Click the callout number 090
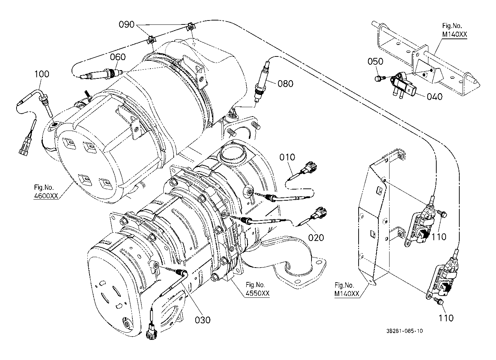pyautogui.click(x=127, y=24)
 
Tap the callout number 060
pyautogui.click(x=118, y=57)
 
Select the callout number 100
pyautogui.click(x=42, y=74)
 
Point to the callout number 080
pyautogui.click(x=286, y=84)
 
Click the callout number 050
pyautogui.click(x=375, y=61)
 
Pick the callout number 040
pyautogui.click(x=434, y=96)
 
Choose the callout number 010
pyautogui.click(x=287, y=157)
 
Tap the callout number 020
pyautogui.click(x=316, y=238)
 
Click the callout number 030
pyautogui.click(x=203, y=320)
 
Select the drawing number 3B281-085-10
pyautogui.click(x=405, y=331)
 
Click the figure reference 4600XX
pyautogui.click(x=46, y=196)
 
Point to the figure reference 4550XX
pyautogui.click(x=258, y=293)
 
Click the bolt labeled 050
pyautogui.click(x=379, y=78)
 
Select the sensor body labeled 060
pyautogui.click(x=100, y=74)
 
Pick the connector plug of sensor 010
pyautogui.click(x=309, y=168)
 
